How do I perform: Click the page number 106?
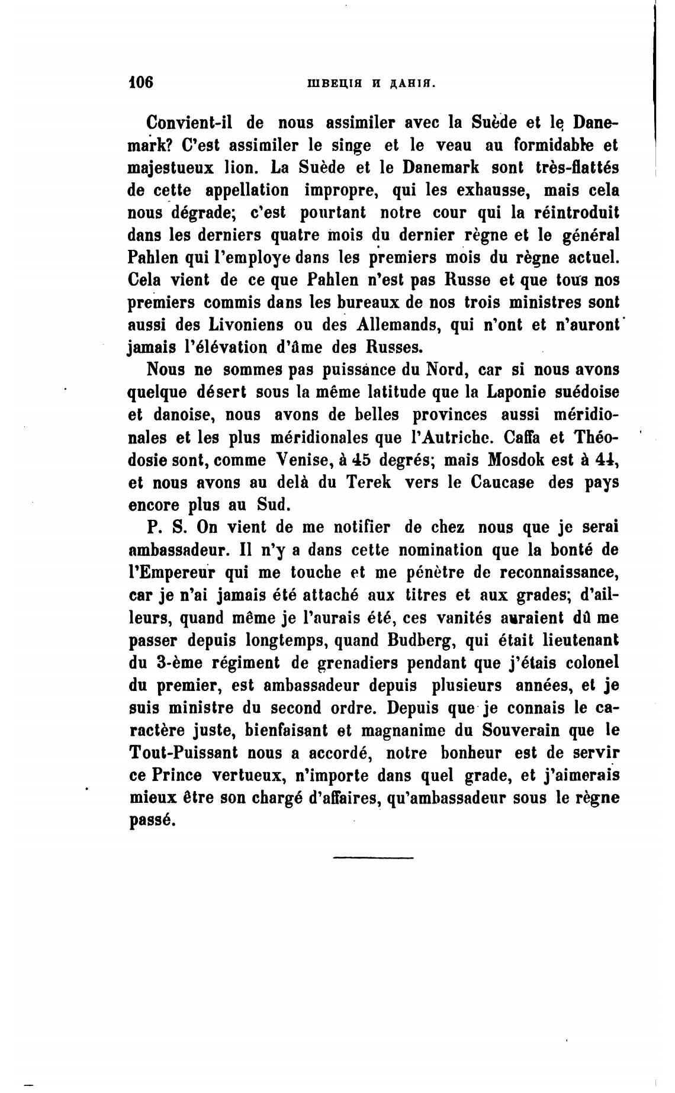click(141, 81)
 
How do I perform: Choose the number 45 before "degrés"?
click(359, 460)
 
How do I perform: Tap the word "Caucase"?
click(503, 483)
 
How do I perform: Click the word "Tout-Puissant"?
click(182, 753)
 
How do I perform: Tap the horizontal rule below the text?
click(373, 857)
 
